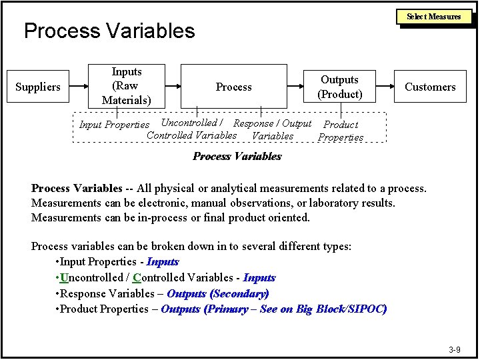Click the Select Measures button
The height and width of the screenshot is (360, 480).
point(435,16)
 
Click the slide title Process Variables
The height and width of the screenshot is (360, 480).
point(109,31)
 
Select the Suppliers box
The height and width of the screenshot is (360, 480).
point(38,87)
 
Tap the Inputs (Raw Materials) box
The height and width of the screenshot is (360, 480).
point(127,86)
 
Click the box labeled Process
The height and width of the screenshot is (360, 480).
point(234,87)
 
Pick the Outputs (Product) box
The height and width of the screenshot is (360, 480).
point(340,87)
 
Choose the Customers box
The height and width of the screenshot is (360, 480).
point(430,87)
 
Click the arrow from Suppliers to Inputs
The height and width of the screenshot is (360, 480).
point(79,87)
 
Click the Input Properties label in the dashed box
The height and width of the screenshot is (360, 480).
point(114,125)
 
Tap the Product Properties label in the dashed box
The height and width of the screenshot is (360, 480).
point(341,131)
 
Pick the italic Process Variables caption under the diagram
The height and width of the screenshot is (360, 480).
point(237,157)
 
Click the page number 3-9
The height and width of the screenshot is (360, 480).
point(455,349)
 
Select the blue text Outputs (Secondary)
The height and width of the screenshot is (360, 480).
point(218,293)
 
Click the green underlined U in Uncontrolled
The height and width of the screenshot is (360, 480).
point(64,277)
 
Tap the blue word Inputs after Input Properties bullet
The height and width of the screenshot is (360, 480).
point(163,262)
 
